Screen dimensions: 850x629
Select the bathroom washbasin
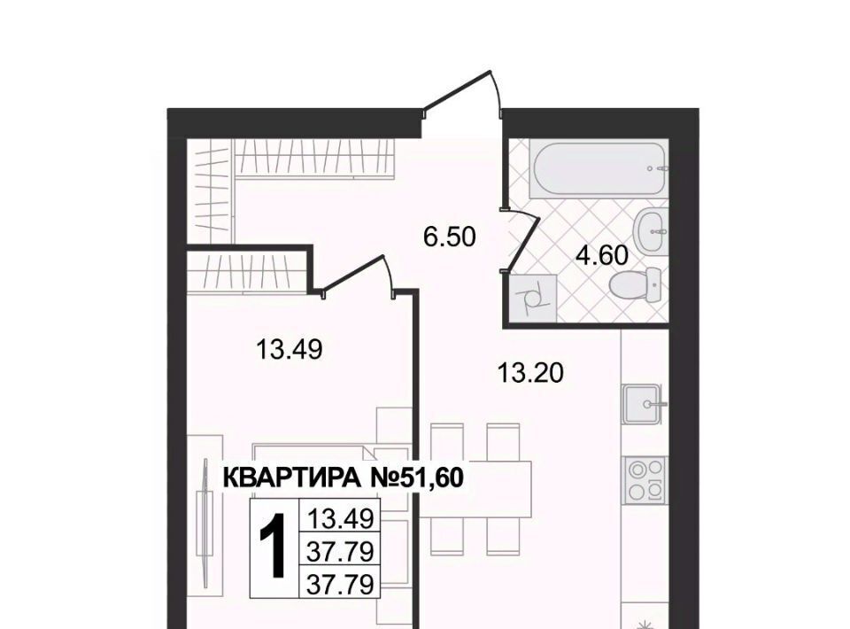click(x=649, y=231)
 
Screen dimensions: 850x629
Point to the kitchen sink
click(x=643, y=404)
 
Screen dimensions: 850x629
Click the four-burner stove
click(x=645, y=479)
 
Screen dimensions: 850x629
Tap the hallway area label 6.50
click(x=450, y=237)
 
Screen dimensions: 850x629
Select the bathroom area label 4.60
click(x=602, y=255)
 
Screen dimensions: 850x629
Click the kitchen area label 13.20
click(x=530, y=372)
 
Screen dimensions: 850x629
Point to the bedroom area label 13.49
click(x=289, y=349)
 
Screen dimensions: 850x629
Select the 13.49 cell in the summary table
click(x=340, y=518)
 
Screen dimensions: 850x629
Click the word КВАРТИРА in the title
click(x=291, y=478)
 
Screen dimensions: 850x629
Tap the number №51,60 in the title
click(x=414, y=478)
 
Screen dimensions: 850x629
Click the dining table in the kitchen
click(x=475, y=487)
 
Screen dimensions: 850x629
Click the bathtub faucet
click(x=657, y=168)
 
